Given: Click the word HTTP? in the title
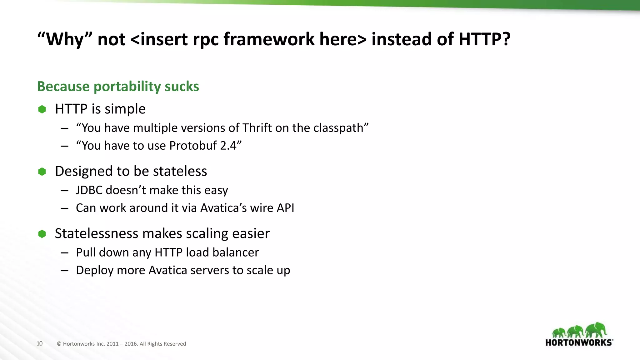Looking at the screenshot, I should click(x=484, y=39).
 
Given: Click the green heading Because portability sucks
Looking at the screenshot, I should click(x=118, y=86).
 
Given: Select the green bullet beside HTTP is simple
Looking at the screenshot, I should click(x=42, y=109).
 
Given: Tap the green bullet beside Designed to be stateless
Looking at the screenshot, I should click(x=42, y=171).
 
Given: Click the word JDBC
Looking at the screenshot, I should click(x=89, y=190).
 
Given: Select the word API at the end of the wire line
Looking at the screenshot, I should click(x=285, y=208).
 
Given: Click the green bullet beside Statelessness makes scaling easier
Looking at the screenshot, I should click(x=42, y=234).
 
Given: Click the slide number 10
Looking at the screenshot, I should click(x=39, y=343).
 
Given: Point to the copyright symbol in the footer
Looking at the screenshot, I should click(x=59, y=344).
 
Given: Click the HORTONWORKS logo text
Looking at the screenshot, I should click(x=578, y=342).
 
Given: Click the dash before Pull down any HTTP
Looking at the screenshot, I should click(x=65, y=252).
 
